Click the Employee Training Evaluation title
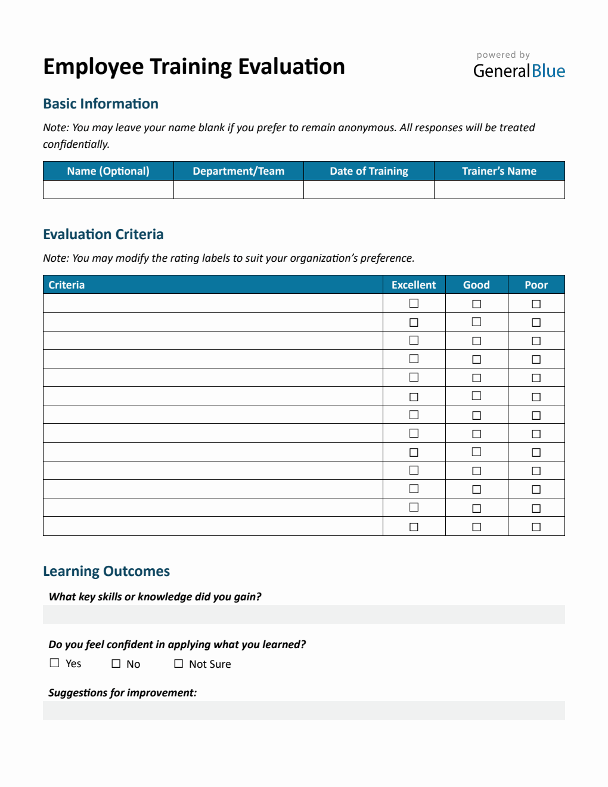pos(194,67)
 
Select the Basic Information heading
pos(101,104)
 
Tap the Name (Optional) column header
pos(108,171)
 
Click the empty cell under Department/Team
pos(238,190)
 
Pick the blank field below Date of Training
pos(369,190)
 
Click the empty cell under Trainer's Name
pos(499,190)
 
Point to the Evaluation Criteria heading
pos(103,234)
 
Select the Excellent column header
pos(414,285)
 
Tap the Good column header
pos(476,285)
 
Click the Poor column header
pos(536,285)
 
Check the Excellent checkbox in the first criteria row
pos(414,303)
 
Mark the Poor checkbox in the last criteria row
pos(536,527)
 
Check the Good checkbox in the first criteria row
pos(476,304)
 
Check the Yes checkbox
pos(55,663)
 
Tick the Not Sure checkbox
pos(178,664)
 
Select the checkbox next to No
pos(116,664)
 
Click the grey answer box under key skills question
pos(303,615)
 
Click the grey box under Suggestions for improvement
pos(303,711)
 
